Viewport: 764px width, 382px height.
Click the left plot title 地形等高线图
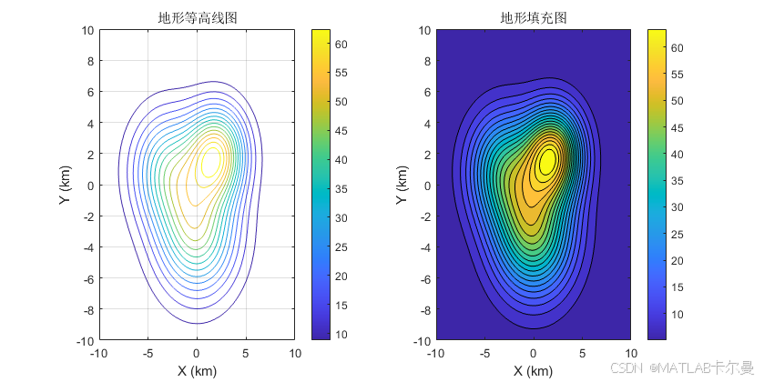point(197,17)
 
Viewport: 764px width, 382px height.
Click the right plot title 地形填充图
point(533,17)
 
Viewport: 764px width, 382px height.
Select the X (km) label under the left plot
point(197,370)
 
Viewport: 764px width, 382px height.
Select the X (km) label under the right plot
point(533,370)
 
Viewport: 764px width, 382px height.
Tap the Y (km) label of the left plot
point(66,185)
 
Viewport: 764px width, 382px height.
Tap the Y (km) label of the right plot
point(402,185)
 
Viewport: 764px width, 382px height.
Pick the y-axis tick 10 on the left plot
point(87,30)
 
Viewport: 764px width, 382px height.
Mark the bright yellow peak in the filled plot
point(547,161)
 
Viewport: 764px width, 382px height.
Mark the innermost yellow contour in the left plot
point(210,161)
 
